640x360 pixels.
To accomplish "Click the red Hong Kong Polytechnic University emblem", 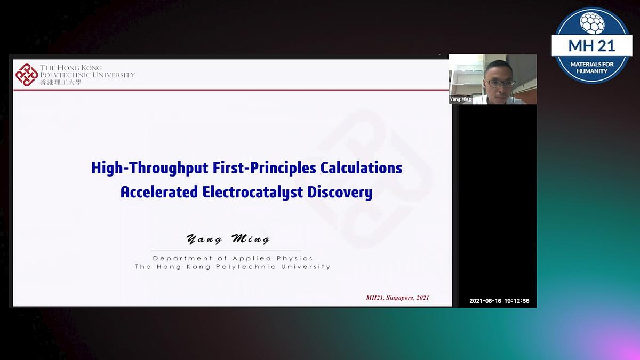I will [x=27, y=75].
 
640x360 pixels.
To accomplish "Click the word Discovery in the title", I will [x=340, y=192].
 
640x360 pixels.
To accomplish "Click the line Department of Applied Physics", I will [x=233, y=258].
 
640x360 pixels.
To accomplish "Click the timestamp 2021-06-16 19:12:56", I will [x=499, y=301].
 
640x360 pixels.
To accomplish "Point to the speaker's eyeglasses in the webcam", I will [x=500, y=83].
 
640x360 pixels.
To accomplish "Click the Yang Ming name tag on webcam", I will [x=460, y=99].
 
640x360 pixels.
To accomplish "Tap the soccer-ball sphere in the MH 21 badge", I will [x=591, y=22].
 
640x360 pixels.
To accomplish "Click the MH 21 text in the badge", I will [x=591, y=45].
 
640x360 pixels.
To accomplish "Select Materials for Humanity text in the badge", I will [x=591, y=67].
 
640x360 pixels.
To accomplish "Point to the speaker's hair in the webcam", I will [x=499, y=66].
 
